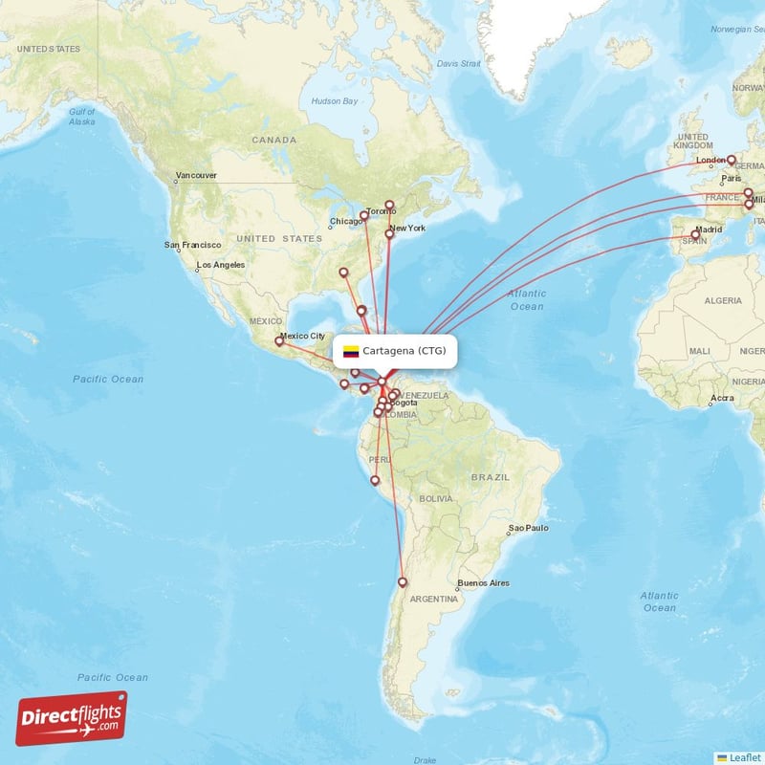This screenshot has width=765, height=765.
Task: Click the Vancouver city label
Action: (x=196, y=176)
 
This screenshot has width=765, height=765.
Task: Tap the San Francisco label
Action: (x=193, y=245)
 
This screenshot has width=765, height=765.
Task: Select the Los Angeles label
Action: (x=220, y=265)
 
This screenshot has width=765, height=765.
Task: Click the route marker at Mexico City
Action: (x=279, y=340)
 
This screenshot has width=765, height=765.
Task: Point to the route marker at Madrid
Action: (x=696, y=234)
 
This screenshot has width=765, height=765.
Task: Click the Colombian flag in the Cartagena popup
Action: (x=351, y=351)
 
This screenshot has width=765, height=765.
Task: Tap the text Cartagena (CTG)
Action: (x=404, y=351)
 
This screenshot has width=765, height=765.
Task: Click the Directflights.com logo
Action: (x=71, y=718)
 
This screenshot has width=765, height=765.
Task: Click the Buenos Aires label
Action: (x=483, y=583)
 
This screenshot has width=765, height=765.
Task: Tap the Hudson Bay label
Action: (x=335, y=101)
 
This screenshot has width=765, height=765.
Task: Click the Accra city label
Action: (x=722, y=397)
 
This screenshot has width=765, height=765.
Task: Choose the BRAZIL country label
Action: (x=491, y=476)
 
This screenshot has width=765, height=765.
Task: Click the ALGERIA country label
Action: (x=723, y=300)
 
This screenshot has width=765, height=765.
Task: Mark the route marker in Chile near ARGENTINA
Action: (x=403, y=581)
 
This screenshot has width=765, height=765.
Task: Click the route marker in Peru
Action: (x=375, y=480)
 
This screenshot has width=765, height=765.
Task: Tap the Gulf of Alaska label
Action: (x=81, y=117)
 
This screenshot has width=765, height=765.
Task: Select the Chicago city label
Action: (x=345, y=222)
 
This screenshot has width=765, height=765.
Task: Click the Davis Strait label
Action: (x=458, y=63)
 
